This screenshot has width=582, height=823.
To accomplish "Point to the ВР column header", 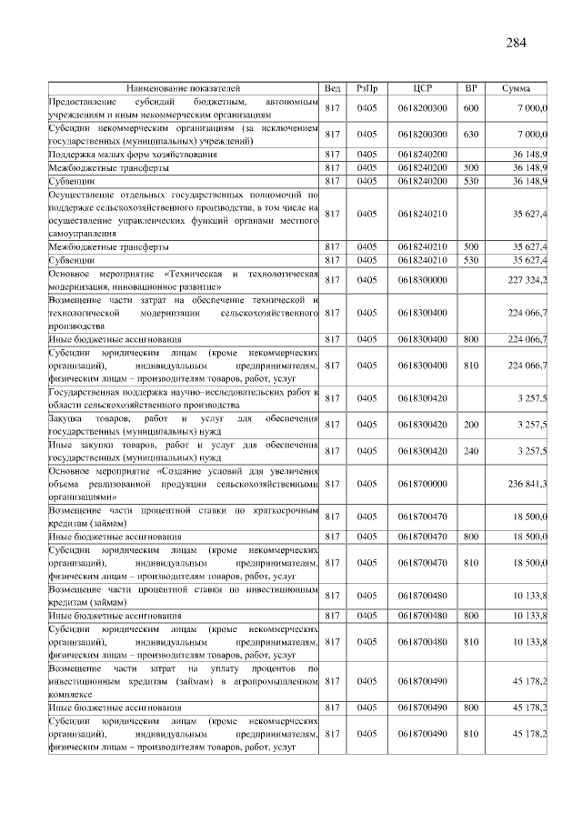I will click(470, 88).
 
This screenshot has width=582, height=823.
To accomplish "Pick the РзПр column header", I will click(367, 88).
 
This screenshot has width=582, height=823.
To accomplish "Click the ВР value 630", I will click(470, 135).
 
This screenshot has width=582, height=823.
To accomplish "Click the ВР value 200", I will click(470, 424).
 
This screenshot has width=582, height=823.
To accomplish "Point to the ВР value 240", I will click(470, 450).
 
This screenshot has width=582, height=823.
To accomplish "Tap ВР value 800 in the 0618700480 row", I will click(470, 616).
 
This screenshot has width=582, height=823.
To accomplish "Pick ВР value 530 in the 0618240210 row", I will click(470, 260).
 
